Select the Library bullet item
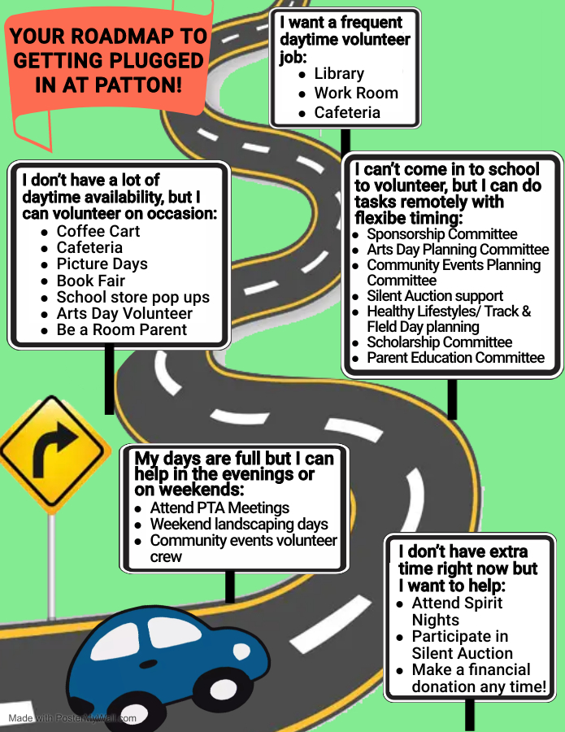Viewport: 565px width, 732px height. pyautogui.click(x=339, y=73)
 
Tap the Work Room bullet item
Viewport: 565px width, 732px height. pyautogui.click(x=356, y=93)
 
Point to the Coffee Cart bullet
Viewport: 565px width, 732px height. pyautogui.click(x=98, y=231)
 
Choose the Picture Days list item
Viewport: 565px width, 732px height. pyautogui.click(x=102, y=264)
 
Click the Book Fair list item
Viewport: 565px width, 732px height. pyautogui.click(x=90, y=281)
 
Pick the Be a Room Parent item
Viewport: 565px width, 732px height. pyautogui.click(x=121, y=329)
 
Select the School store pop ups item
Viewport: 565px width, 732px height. pyautogui.click(x=133, y=297)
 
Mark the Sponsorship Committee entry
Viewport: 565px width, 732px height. pyautogui.click(x=441, y=234)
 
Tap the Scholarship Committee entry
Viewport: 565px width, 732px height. pyautogui.click(x=439, y=342)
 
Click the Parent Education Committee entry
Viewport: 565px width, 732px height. pyautogui.click(x=455, y=358)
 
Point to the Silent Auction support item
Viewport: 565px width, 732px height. pyautogui.click(x=435, y=296)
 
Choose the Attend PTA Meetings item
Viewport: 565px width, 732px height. pyautogui.click(x=219, y=508)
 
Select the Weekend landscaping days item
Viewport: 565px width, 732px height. pyautogui.click(x=239, y=525)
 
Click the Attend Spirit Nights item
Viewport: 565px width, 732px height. pyautogui.click(x=457, y=611)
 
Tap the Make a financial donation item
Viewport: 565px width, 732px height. pyautogui.click(x=479, y=678)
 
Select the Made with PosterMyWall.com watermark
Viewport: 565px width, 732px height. pyautogui.click(x=72, y=718)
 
